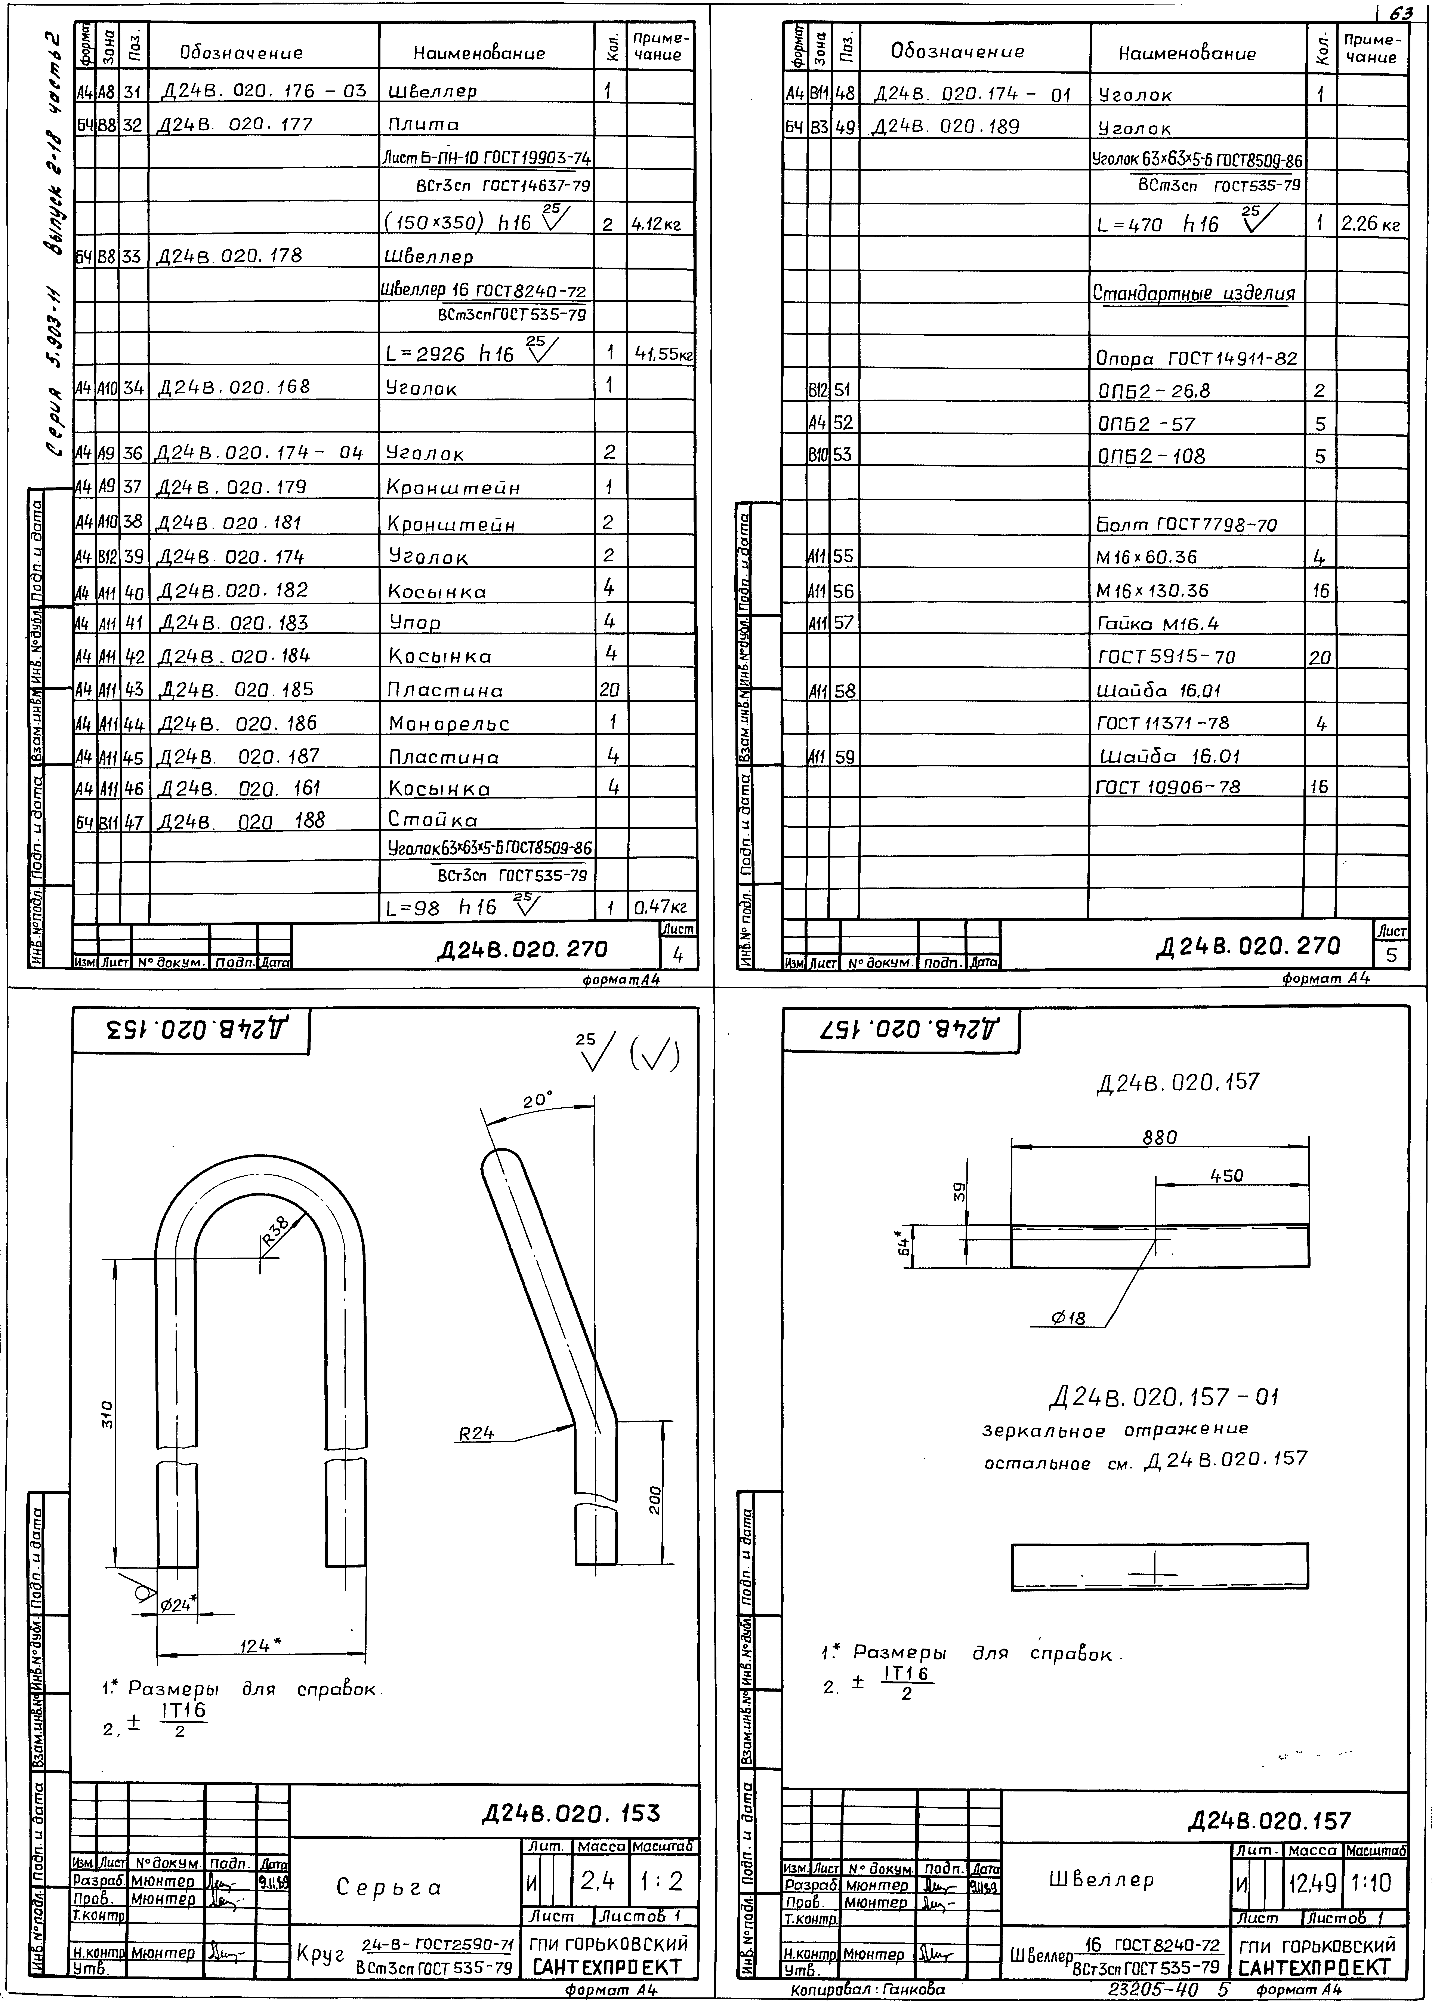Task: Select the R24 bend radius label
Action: [476, 1434]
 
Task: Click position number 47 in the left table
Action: [133, 821]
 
